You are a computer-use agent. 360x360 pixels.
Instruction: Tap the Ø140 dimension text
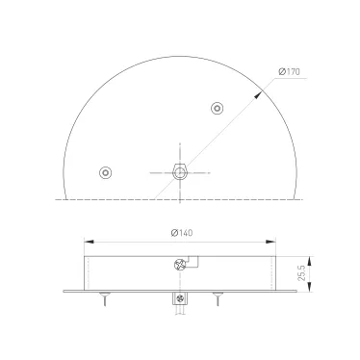[180, 232]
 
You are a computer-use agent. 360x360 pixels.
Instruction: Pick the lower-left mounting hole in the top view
[105, 172]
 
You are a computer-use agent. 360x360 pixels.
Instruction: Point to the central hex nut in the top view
[179, 172]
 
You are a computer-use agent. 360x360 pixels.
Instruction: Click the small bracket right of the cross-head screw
[192, 260]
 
